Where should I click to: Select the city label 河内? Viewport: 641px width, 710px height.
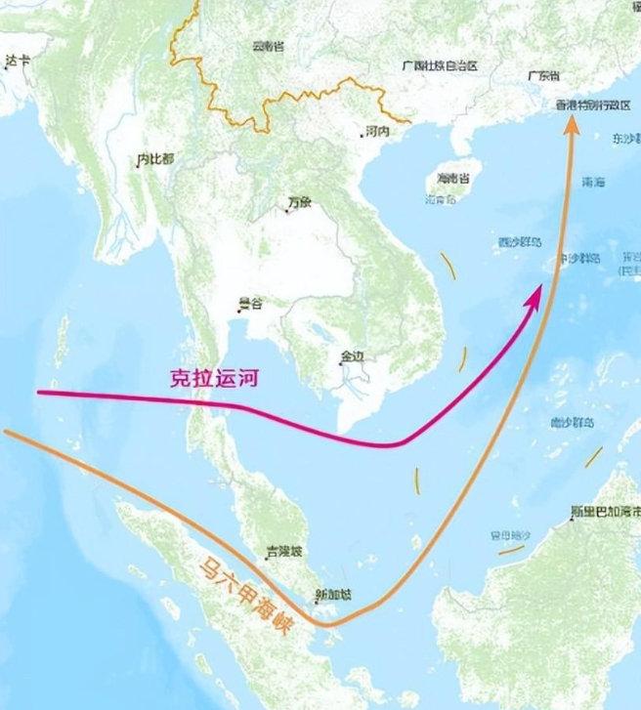(376, 130)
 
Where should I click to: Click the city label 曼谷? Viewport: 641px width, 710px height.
(251, 304)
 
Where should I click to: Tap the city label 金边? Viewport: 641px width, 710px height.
(351, 356)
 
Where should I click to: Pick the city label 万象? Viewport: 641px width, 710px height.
(299, 203)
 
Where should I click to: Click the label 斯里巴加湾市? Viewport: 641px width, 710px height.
(606, 511)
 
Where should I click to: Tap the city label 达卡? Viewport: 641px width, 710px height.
(18, 60)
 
